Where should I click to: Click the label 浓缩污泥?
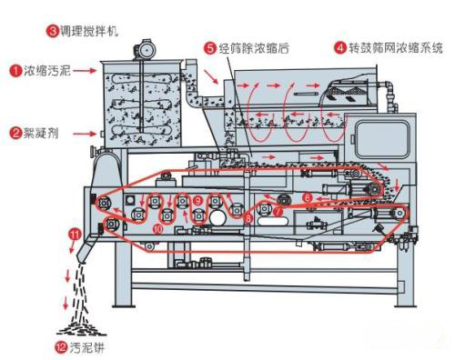(45, 69)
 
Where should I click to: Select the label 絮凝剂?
(40, 134)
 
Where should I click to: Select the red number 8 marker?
(248, 218)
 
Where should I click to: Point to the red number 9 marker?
(197, 199)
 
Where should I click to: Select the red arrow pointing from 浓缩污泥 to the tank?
(84, 70)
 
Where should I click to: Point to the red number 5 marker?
(210, 46)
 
